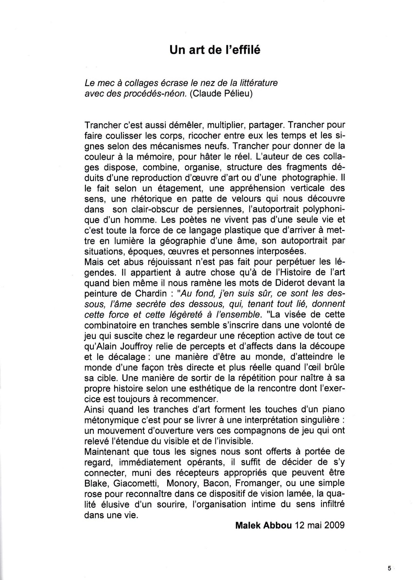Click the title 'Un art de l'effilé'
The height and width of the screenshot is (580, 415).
pyautogui.click(x=215, y=50)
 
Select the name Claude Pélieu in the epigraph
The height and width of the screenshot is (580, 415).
pyautogui.click(x=221, y=94)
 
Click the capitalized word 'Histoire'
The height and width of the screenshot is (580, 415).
pyautogui.click(x=299, y=272)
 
